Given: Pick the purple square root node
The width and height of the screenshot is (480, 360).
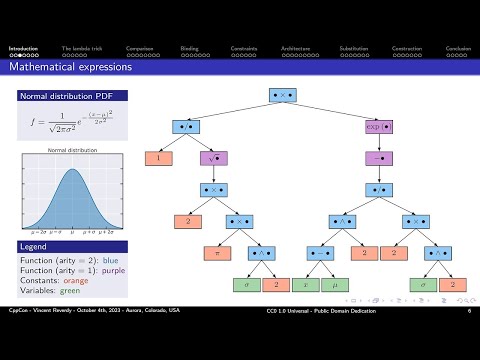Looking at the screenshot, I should (x=213, y=158).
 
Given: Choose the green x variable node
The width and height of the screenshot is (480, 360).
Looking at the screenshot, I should (x=305, y=285).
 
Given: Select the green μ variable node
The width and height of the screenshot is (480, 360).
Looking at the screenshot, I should (x=334, y=285).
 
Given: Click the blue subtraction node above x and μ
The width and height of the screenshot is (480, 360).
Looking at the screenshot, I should (x=320, y=253).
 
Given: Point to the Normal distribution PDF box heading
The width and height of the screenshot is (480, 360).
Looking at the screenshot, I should (x=63, y=96).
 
